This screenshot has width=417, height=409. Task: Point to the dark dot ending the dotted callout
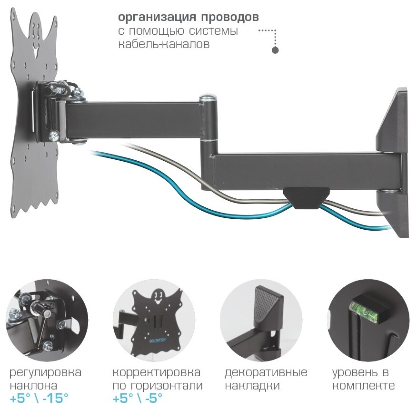275,50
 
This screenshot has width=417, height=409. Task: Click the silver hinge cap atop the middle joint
208,99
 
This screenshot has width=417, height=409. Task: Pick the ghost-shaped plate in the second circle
155,314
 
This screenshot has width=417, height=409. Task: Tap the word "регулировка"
45,372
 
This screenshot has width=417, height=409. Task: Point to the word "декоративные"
266,372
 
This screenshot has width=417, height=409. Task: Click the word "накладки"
252,385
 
